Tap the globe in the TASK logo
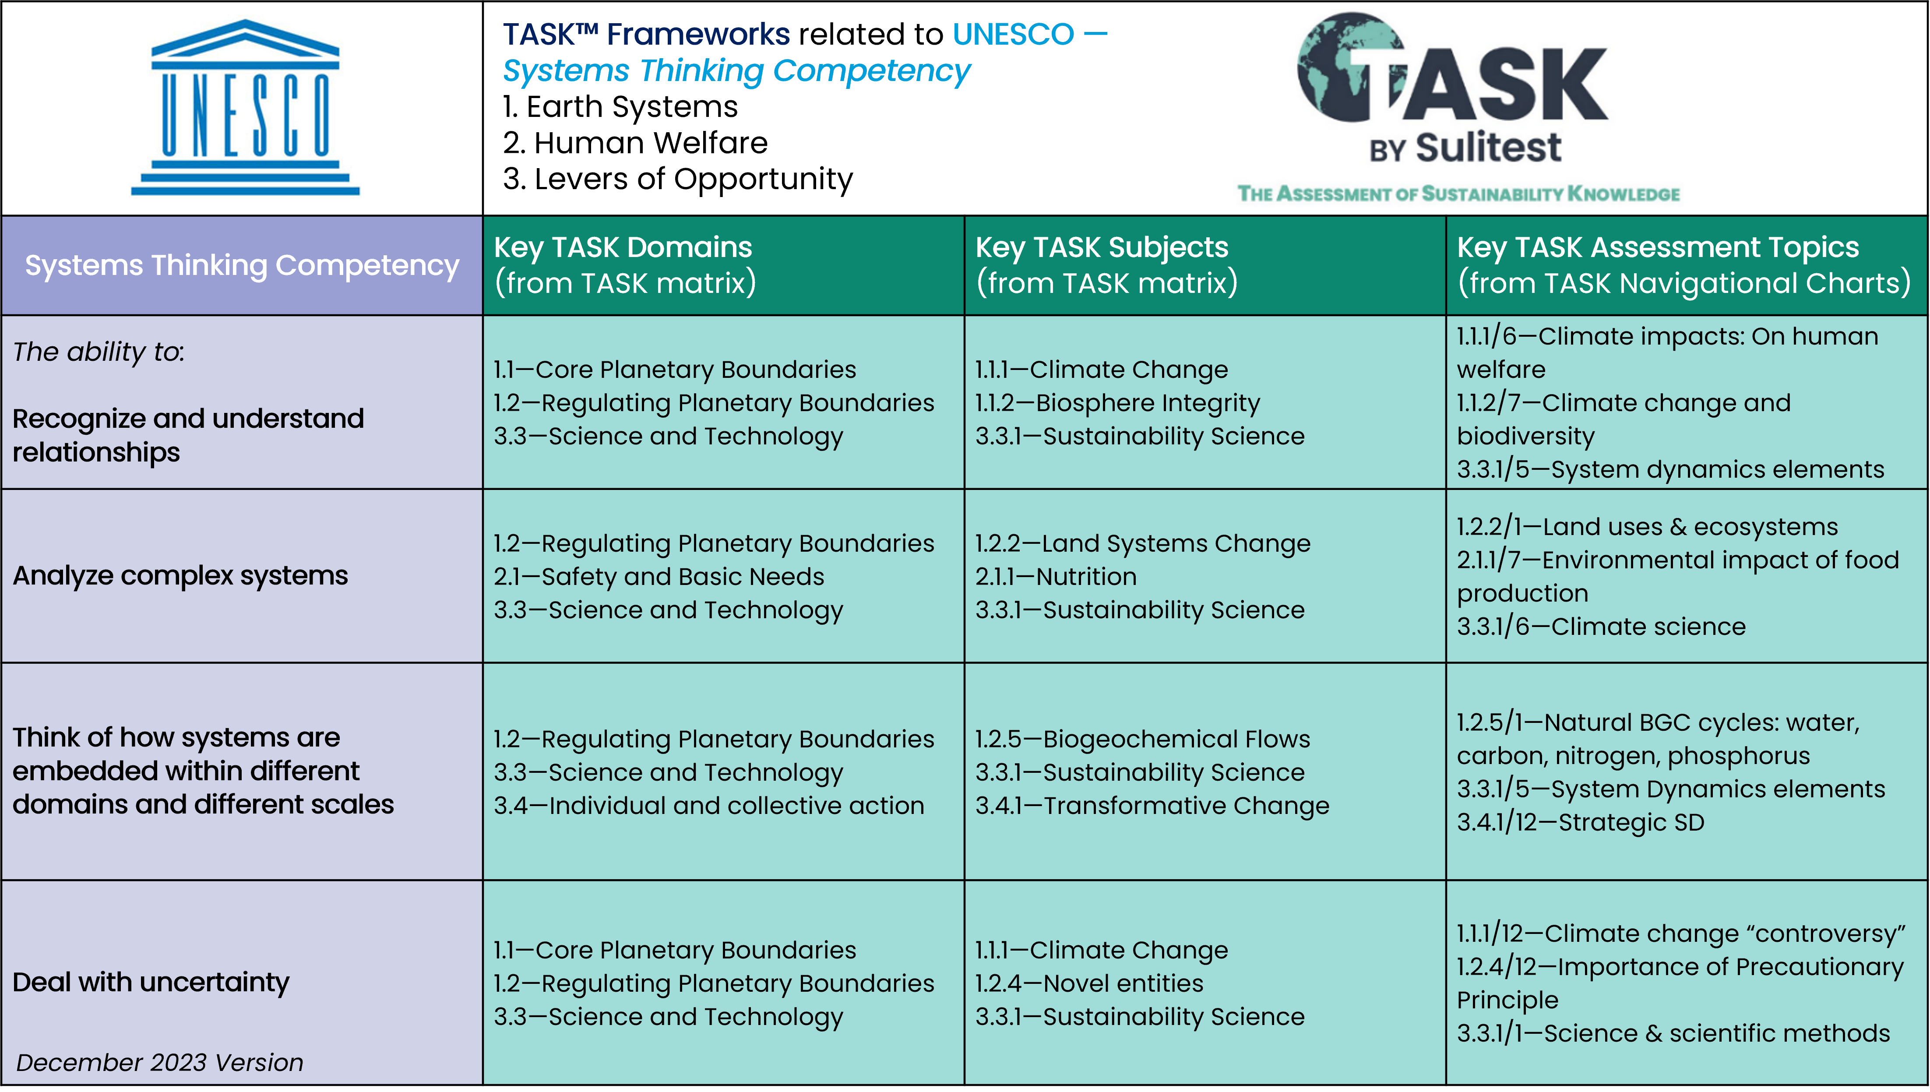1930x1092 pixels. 1342,67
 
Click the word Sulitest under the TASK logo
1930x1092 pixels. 1488,147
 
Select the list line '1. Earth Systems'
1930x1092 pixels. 620,106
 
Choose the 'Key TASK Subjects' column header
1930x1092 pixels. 1102,247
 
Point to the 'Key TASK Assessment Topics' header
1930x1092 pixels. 1657,247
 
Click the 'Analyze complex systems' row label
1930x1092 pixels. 180,575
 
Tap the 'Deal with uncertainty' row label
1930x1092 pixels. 151,982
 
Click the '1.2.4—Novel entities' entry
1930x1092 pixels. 1089,983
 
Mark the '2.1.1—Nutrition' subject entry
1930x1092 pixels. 1056,577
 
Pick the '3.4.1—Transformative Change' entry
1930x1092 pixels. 1152,806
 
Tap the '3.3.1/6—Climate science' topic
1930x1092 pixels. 1601,626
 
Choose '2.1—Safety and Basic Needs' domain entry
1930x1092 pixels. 659,577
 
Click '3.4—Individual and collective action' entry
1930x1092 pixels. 708,806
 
